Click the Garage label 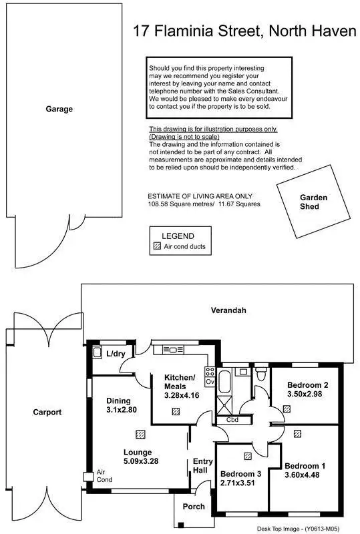59,109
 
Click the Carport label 47,412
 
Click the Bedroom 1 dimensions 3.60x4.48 305,475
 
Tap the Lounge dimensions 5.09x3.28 138,461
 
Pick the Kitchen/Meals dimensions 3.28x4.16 180,395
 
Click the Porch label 194,507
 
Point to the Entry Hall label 202,466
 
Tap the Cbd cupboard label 232,421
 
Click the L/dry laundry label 116,354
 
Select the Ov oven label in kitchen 209,382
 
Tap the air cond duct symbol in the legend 158,246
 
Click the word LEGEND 178,236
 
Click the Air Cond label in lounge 104,475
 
